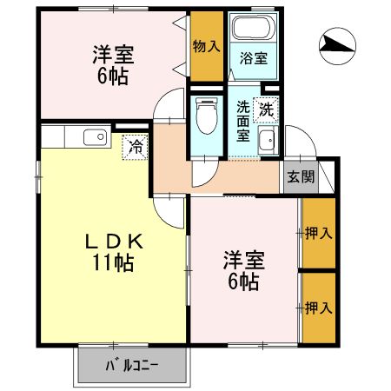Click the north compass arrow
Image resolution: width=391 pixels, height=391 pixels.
click(338, 43)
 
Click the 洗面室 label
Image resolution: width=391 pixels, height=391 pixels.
click(244, 121)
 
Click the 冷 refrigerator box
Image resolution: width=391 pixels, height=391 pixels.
click(134, 147)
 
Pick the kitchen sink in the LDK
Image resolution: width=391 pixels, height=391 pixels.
click(90, 137)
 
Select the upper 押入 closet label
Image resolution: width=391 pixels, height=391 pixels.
click(317, 233)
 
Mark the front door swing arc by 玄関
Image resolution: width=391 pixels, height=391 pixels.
click(298, 143)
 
